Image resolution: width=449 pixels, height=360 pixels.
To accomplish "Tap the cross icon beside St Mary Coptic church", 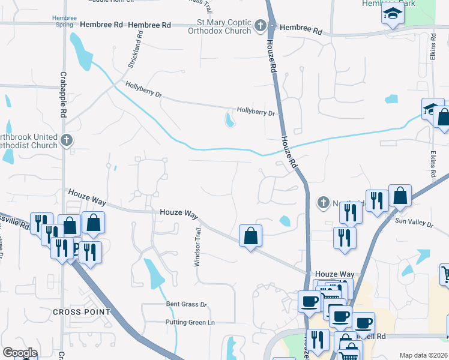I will click(260, 26).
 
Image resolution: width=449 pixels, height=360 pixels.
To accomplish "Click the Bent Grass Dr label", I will click(186, 305).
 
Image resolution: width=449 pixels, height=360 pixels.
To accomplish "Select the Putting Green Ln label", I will click(190, 323).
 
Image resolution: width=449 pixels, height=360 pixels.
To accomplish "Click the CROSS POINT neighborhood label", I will click(82, 312).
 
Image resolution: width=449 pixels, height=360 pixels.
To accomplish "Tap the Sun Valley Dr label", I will click(414, 223).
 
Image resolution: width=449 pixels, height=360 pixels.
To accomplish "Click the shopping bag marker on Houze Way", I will click(250, 235).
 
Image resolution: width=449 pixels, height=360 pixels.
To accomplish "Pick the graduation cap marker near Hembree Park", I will click(392, 13).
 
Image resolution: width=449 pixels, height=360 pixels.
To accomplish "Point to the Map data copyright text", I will click(423, 355).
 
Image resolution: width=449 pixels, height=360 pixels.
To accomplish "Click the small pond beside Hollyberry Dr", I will click(229, 121).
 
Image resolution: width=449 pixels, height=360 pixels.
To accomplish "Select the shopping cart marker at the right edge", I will click(445, 274).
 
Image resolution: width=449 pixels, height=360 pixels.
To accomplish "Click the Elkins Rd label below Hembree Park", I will click(432, 46).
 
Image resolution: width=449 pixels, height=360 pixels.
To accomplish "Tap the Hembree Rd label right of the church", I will click(301, 28).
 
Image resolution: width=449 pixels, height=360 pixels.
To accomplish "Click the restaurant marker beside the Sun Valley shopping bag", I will click(377, 201).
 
